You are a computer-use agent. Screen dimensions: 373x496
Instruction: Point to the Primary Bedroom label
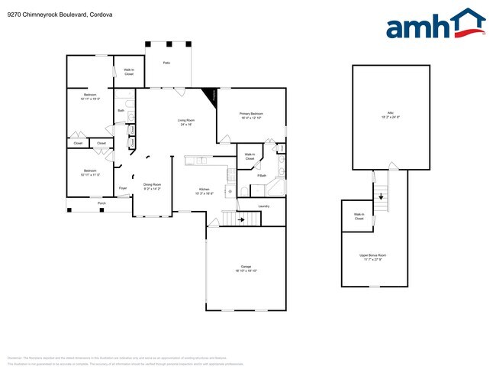point(251,115)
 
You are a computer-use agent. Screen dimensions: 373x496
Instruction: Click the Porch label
point(101,203)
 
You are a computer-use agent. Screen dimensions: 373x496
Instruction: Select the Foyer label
point(123,187)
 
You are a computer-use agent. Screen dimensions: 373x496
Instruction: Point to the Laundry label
point(264,206)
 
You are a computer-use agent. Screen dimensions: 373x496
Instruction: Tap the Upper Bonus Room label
point(374,256)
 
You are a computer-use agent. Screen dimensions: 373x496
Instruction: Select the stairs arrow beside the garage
point(242,219)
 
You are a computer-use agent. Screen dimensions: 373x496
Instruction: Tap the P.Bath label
point(251,176)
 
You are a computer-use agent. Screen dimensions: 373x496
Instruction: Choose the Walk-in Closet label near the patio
point(129,72)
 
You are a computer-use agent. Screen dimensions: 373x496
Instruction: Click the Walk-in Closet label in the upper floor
point(359,216)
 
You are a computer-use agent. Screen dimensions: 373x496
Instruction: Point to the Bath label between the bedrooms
point(121,111)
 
